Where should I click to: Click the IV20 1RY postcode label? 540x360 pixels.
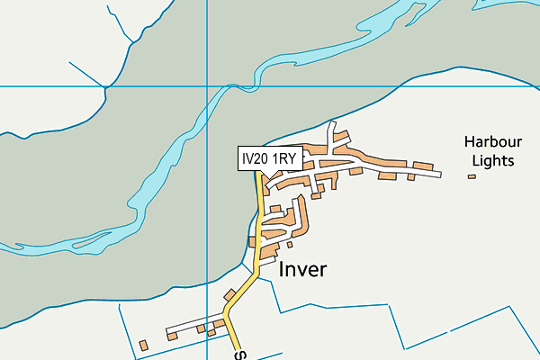pyautogui.click(x=268, y=159)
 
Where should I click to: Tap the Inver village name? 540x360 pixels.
pyautogui.click(x=302, y=269)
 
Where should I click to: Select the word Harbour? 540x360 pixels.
pyautogui.click(x=493, y=142)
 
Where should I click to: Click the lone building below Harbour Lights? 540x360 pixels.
pyautogui.click(x=471, y=176)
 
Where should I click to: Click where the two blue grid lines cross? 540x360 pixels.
pyautogui.click(x=208, y=86)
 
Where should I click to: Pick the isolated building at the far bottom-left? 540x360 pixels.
pyautogui.click(x=144, y=345)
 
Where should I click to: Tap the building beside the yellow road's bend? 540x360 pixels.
pyautogui.click(x=230, y=296)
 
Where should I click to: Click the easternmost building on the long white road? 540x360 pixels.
pyautogui.click(x=425, y=168)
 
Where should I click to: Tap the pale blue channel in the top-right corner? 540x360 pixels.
pyautogui.click(x=504, y=54)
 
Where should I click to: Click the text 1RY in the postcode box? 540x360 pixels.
pyautogui.click(x=283, y=159)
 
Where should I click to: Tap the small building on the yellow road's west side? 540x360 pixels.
pyautogui.click(x=253, y=240)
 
